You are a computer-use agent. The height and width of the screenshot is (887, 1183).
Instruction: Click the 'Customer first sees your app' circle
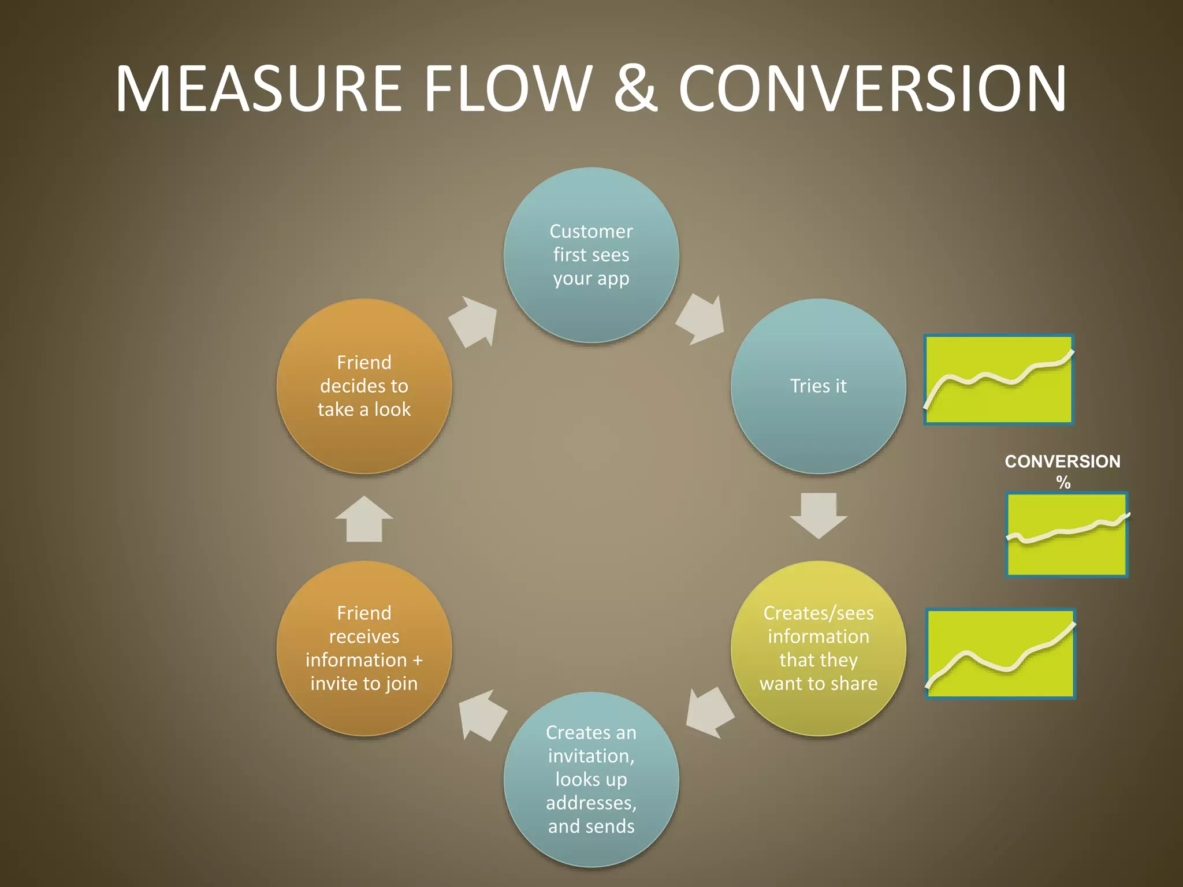591,255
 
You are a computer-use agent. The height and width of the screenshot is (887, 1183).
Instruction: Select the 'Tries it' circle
818,386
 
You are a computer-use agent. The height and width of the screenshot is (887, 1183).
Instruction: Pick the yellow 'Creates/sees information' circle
818,648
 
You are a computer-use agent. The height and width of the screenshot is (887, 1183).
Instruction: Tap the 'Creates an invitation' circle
591,779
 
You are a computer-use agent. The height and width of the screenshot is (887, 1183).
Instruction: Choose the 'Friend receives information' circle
364,648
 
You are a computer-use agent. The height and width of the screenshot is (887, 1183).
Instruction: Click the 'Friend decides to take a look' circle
364,386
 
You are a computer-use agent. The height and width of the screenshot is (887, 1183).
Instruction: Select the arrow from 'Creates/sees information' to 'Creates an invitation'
709,713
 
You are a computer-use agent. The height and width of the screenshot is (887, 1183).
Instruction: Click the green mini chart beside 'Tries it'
999,380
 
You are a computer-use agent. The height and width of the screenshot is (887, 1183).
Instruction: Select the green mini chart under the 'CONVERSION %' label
1067,535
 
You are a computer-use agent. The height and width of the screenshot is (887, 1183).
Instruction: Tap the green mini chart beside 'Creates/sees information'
1000,654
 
